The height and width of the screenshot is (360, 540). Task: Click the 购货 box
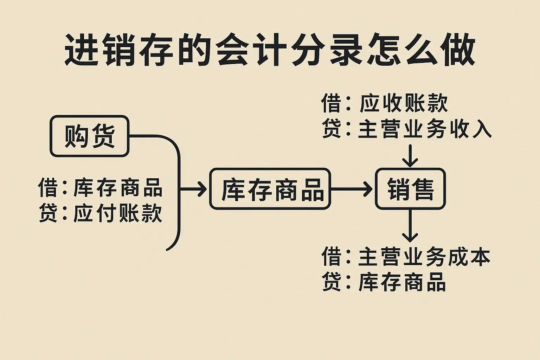[x=90, y=136]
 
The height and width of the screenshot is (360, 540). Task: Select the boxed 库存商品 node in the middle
[x=270, y=189]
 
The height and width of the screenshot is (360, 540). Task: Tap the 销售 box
[x=410, y=189]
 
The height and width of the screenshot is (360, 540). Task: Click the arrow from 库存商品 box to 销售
[x=352, y=189]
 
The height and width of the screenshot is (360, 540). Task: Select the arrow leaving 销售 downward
[x=410, y=225]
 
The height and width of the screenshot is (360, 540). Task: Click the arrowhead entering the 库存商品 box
[x=202, y=189]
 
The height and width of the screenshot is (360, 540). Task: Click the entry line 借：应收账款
[x=385, y=104]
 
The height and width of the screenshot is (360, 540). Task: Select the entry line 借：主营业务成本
[x=406, y=257]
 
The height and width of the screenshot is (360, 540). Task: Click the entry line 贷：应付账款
[x=101, y=213]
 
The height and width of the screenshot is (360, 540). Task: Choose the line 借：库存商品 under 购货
[x=101, y=188]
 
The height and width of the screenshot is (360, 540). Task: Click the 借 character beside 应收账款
[x=331, y=104]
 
